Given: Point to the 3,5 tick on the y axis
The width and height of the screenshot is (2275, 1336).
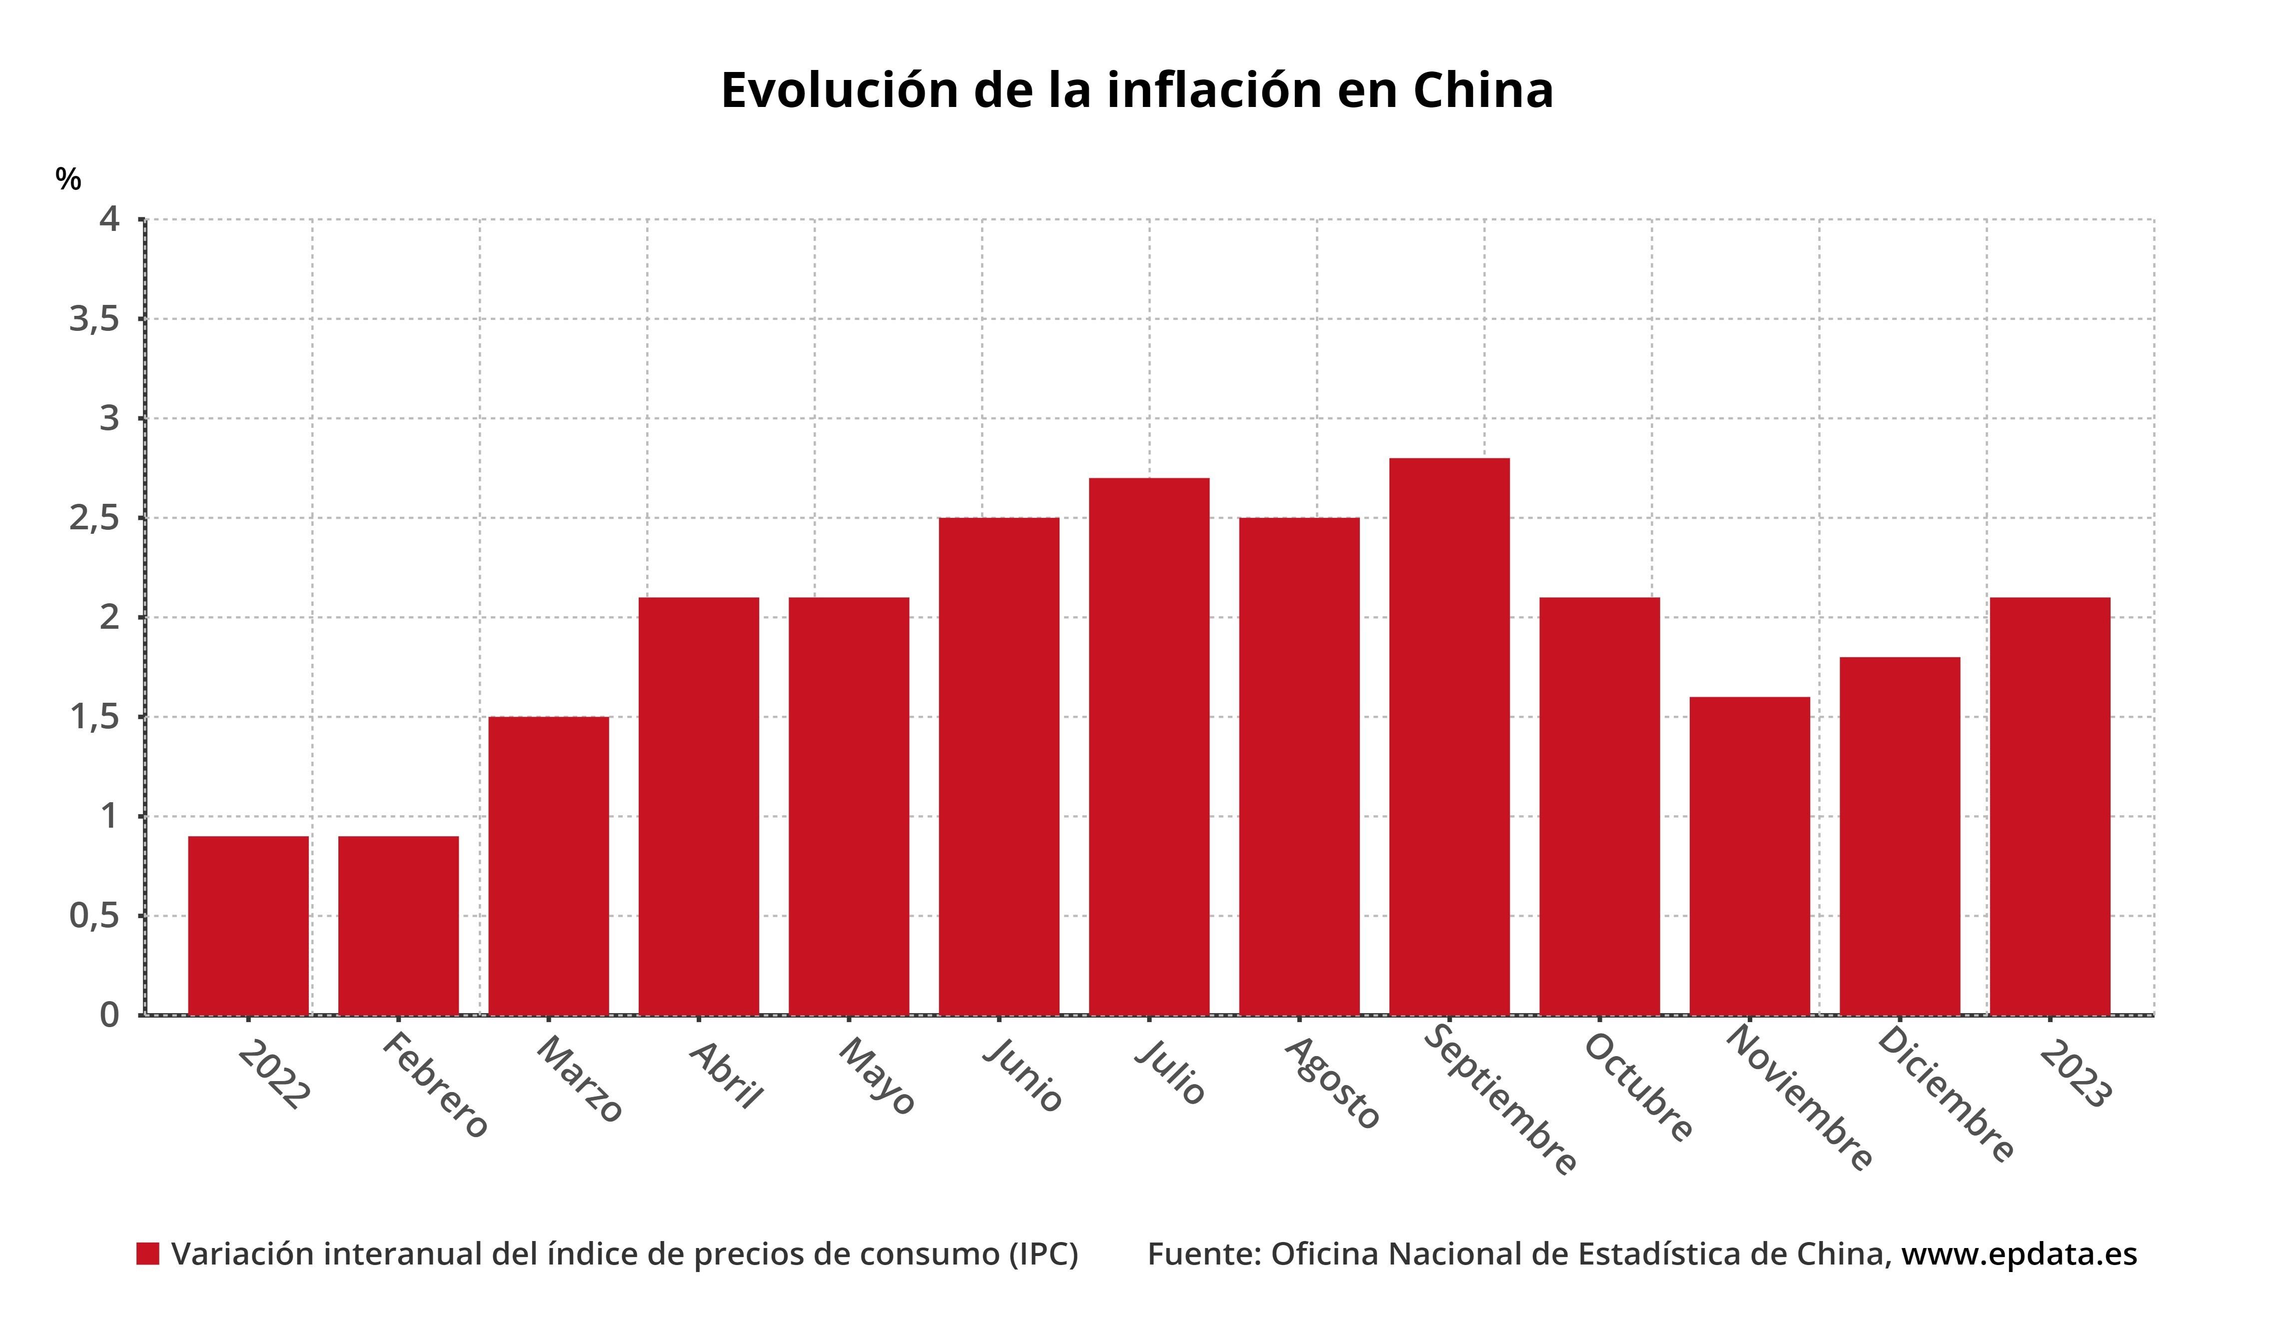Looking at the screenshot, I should click(94, 319).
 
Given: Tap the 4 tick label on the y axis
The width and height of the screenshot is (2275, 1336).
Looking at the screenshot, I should click(110, 218).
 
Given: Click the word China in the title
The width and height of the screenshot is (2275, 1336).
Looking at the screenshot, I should click(1482, 90).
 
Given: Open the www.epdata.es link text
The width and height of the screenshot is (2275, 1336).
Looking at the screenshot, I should click(2019, 1254).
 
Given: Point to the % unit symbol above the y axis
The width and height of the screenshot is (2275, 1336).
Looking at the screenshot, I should click(67, 179).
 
